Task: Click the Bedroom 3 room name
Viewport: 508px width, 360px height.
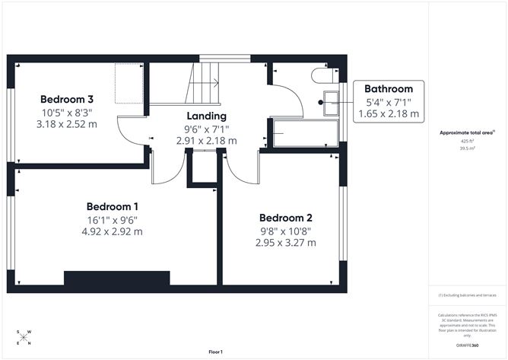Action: point(67,99)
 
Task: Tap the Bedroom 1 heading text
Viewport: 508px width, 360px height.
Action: point(112,206)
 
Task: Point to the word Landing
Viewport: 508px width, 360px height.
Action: point(206,116)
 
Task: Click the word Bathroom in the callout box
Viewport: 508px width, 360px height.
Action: point(389,88)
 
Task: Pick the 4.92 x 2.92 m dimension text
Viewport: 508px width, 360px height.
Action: point(112,231)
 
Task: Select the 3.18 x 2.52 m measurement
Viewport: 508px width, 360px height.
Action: point(67,125)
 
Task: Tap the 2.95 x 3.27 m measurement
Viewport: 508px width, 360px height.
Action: point(285,243)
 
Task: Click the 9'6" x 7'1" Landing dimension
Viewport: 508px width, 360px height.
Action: point(207,129)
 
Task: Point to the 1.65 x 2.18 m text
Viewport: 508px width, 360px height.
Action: point(389,113)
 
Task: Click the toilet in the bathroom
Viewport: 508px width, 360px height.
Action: point(322,75)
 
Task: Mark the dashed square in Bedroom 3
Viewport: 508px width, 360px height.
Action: point(129,84)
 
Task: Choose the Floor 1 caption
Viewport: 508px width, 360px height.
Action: point(218,352)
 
